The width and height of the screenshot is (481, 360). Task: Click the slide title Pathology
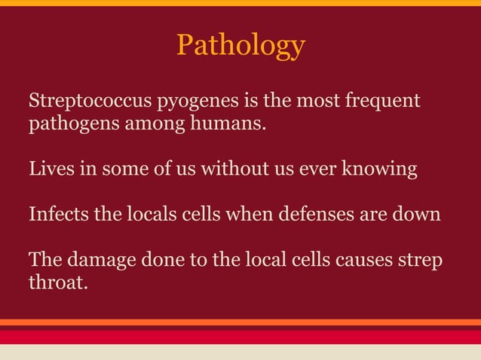pos(240,46)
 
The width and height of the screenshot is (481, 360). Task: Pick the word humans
pos(234,123)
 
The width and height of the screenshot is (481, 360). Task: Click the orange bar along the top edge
pos(240,3)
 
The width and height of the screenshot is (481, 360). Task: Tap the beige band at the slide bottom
pos(240,352)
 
